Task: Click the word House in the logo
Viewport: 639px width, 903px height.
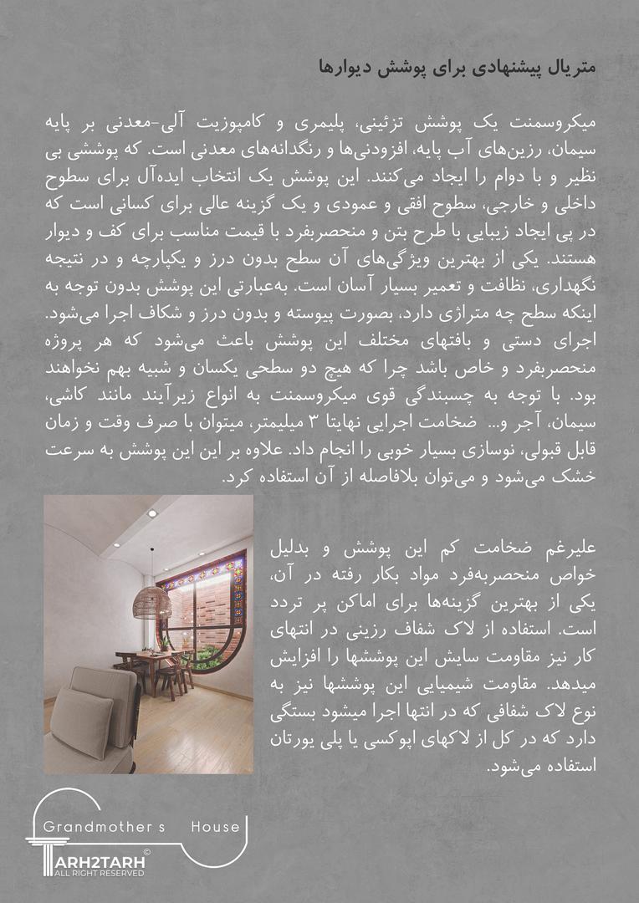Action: pos(215,828)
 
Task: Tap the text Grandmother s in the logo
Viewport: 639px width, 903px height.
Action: pos(104,828)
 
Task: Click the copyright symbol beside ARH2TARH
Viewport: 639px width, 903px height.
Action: pos(146,852)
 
